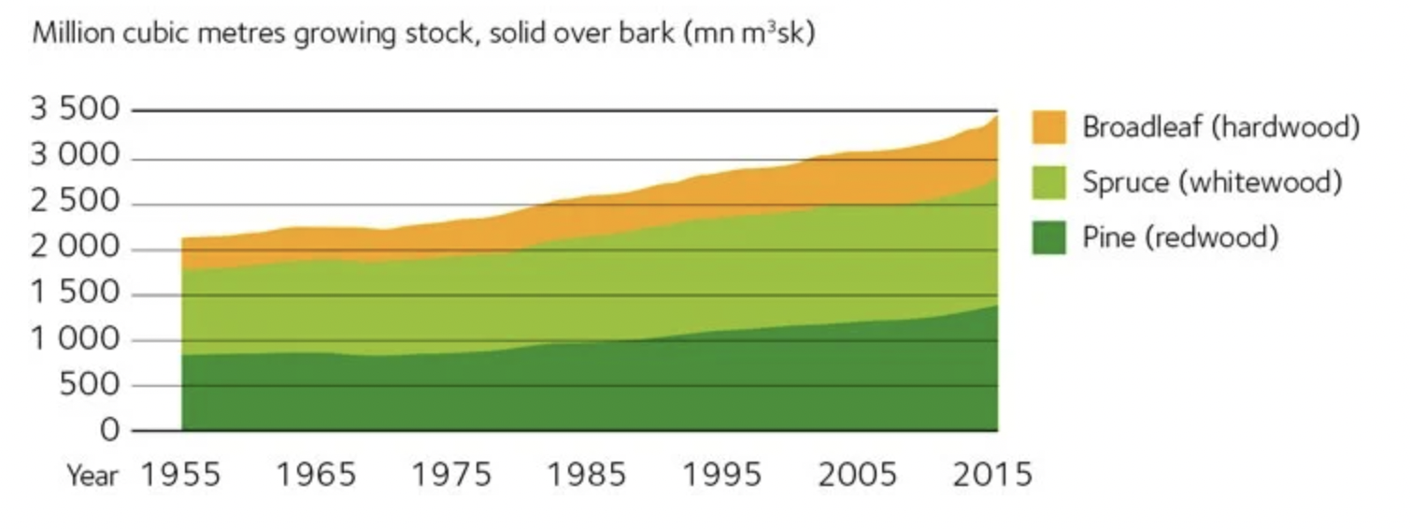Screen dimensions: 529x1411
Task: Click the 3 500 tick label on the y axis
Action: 77,111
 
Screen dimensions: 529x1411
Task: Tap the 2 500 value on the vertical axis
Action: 77,203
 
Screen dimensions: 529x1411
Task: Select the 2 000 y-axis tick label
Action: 77,249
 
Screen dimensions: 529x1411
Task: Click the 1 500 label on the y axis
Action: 77,294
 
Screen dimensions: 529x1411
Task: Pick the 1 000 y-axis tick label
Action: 77,339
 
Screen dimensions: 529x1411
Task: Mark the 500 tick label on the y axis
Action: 90,385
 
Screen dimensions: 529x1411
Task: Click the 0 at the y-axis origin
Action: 111,430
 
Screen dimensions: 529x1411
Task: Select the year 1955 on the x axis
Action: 181,475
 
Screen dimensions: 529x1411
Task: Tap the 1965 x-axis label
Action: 317,475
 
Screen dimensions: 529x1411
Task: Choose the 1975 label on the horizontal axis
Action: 452,475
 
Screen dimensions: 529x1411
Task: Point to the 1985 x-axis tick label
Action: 588,475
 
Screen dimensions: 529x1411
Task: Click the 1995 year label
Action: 722,475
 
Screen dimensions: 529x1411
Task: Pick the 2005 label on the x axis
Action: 858,475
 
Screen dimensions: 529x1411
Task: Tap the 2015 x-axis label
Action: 992,475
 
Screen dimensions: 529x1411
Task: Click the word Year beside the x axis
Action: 93,476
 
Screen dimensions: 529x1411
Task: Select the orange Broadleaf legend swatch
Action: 1049,127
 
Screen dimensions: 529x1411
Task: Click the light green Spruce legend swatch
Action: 1049,182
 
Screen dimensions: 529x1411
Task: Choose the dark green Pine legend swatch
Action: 1049,237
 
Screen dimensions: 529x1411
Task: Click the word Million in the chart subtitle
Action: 66,36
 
